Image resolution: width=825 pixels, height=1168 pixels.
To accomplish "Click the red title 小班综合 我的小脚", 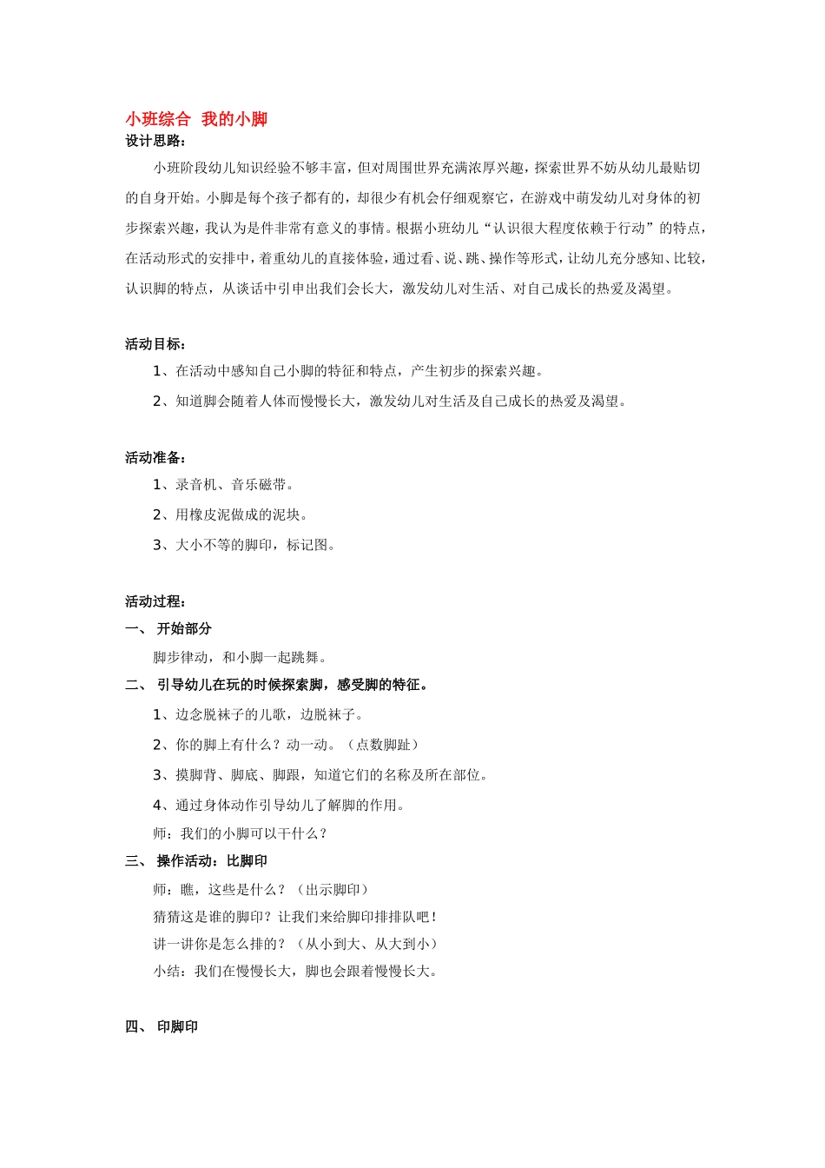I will pyautogui.click(x=196, y=119).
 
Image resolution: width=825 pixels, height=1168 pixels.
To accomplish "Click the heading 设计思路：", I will pyautogui.click(x=155, y=141).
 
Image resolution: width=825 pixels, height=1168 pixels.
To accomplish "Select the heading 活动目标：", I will pyautogui.click(x=155, y=344).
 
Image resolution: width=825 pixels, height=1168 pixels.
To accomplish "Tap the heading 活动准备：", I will pyautogui.click(x=155, y=458).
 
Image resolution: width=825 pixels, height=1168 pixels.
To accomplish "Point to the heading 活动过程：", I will pyautogui.click(x=155, y=601).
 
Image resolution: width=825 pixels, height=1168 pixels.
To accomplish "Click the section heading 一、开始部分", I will pyautogui.click(x=168, y=628).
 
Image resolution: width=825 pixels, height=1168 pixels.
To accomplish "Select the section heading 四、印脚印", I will pyautogui.click(x=162, y=1026).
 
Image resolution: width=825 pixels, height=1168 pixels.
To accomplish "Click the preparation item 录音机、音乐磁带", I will pyautogui.click(x=224, y=485).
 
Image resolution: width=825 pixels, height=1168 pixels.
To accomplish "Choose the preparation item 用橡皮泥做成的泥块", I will pyautogui.click(x=231, y=514).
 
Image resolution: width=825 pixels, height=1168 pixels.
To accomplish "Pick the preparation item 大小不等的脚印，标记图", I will pyautogui.click(x=245, y=545).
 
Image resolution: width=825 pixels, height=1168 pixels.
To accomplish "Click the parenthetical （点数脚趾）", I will pyautogui.click(x=382, y=745).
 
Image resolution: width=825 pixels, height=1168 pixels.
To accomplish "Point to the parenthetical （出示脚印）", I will pyautogui.click(x=332, y=889).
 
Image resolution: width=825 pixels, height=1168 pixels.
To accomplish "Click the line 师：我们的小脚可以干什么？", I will pyautogui.click(x=241, y=833).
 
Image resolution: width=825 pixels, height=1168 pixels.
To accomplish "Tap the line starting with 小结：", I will pyautogui.click(x=296, y=971).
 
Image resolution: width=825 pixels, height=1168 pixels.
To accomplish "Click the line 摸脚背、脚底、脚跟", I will pyautogui.click(x=321, y=774).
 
